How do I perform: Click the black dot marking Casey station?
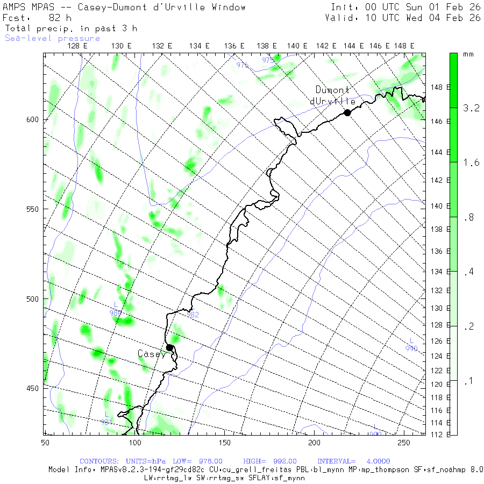coord(169,347)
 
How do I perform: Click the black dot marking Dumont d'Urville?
coord(347,112)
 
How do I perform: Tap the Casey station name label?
coord(152,354)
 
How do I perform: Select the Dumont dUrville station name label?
coord(333,96)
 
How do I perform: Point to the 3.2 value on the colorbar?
coord(471,108)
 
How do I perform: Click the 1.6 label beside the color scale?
coord(471,163)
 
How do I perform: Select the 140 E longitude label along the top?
coord(297,46)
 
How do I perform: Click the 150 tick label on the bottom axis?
coord(224,442)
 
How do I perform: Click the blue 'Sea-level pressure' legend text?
coord(53,38)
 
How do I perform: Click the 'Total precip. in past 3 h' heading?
coord(71,28)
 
